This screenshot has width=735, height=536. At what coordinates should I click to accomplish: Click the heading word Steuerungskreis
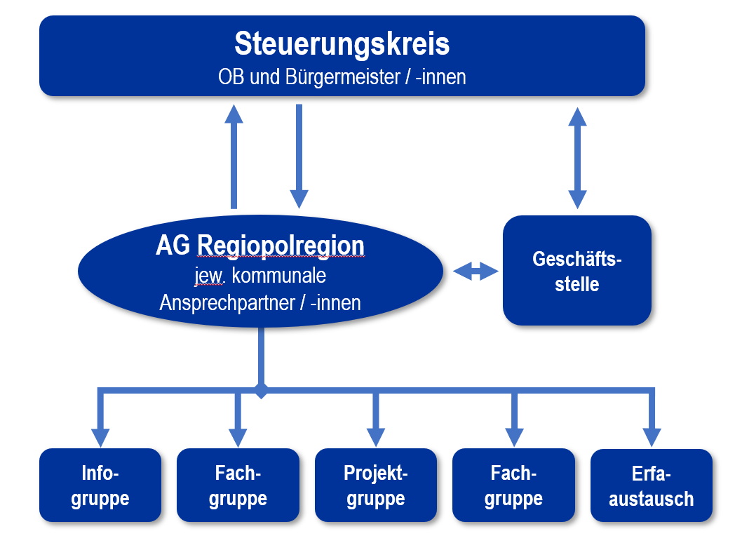[342, 43]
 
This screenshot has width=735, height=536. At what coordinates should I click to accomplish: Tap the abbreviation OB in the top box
[232, 76]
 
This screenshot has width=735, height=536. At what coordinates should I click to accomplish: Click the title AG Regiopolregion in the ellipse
[260, 246]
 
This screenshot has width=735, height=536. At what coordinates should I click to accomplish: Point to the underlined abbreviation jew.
[209, 275]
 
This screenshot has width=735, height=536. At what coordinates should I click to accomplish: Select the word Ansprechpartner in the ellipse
[233, 302]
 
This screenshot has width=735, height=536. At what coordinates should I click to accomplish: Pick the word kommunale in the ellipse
[278, 275]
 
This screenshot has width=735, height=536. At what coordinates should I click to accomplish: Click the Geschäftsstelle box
[576, 271]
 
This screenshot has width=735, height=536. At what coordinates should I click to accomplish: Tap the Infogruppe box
[100, 485]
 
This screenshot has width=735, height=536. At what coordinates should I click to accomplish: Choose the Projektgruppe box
[376, 485]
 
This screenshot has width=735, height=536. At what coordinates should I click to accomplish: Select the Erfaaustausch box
[652, 485]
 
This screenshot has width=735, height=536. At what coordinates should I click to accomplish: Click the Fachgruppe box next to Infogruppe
[238, 485]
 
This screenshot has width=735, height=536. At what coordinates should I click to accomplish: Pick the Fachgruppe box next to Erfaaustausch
[513, 485]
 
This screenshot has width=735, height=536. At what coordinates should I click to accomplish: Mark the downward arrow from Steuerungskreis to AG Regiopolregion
[299, 156]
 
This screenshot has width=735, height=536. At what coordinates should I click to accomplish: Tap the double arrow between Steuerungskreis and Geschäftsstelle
[577, 158]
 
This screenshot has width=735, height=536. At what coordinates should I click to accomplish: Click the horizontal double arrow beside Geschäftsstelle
[476, 272]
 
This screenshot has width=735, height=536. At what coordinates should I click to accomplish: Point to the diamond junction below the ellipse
[261, 390]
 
